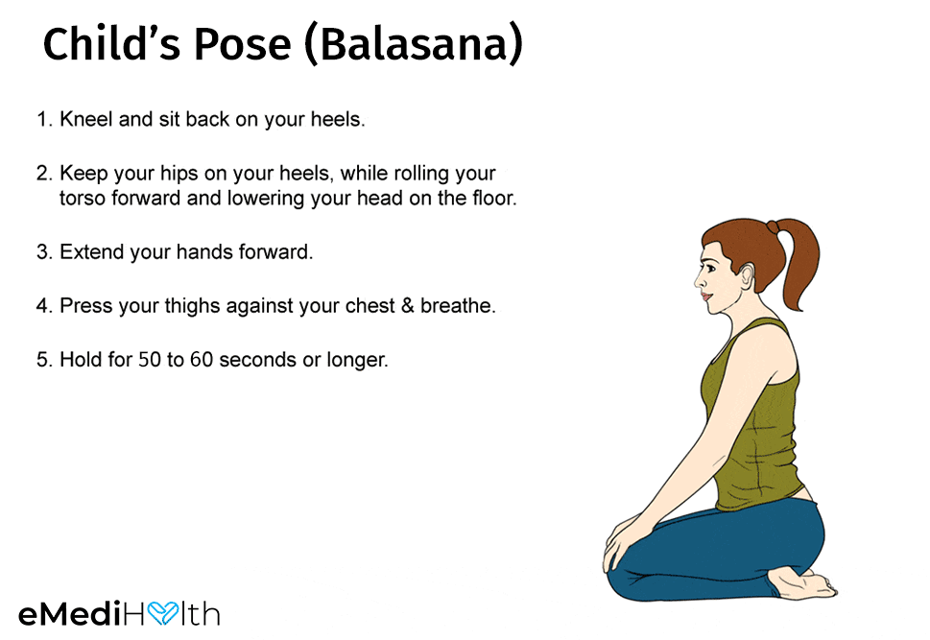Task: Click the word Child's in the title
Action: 111,43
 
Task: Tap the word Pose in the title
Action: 242,44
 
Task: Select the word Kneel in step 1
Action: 86,119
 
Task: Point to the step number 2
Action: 44,174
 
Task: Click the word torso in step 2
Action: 82,198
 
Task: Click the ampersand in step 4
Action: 408,306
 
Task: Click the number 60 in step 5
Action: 202,360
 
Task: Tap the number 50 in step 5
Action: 150,360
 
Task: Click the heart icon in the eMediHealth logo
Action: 163,614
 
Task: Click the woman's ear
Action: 748,275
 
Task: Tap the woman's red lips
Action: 705,296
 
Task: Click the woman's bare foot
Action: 802,583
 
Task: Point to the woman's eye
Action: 708,267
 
